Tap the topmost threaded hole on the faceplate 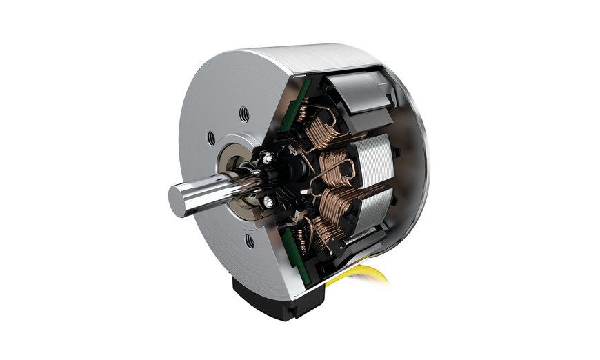(244, 112)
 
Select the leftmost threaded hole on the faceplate (211, 139)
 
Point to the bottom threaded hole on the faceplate (249, 241)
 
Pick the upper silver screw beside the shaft (266, 160)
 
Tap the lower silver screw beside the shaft (268, 201)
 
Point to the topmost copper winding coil (321, 129)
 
